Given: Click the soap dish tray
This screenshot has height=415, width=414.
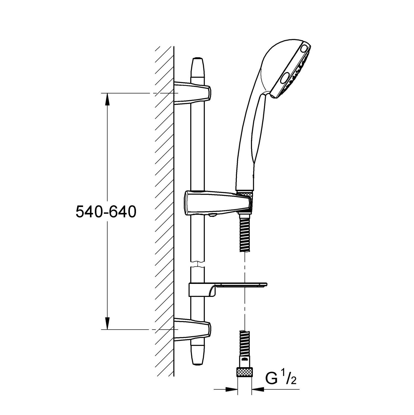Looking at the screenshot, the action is [x=241, y=285].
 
